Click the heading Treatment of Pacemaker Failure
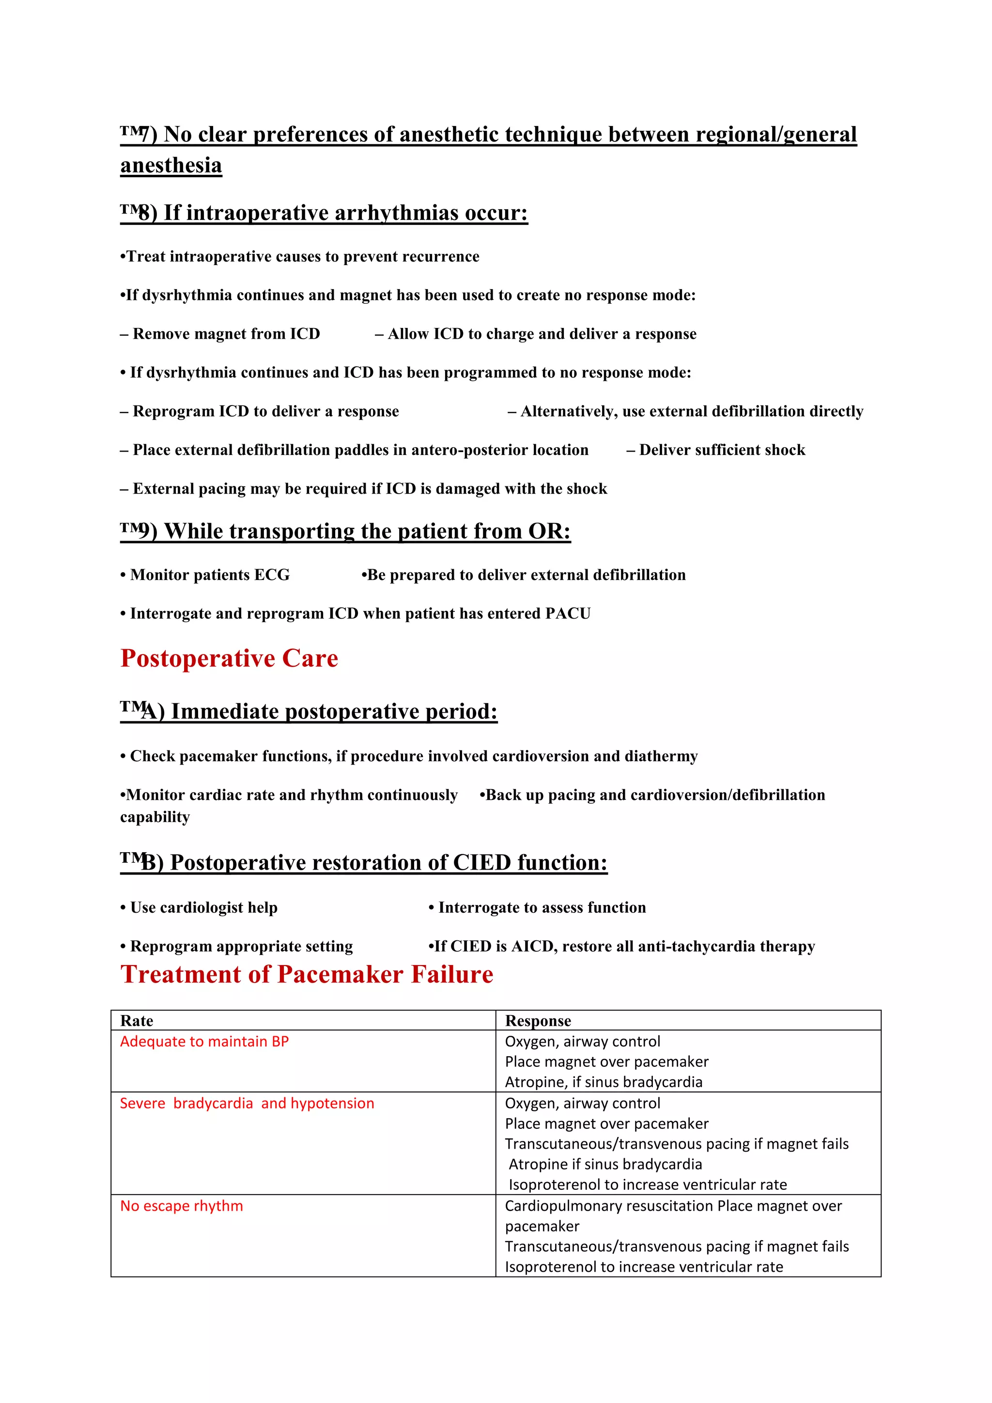coord(307,975)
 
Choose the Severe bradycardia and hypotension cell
coord(247,1104)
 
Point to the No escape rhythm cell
coord(182,1206)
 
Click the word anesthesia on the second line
coord(171,166)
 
